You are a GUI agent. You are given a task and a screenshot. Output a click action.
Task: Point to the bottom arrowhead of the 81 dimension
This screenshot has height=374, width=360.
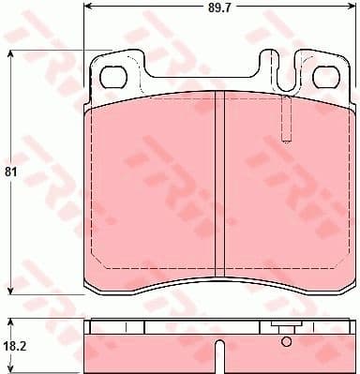click(10, 290)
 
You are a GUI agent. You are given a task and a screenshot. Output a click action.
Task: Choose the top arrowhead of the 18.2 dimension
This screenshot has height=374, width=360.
click(10, 322)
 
